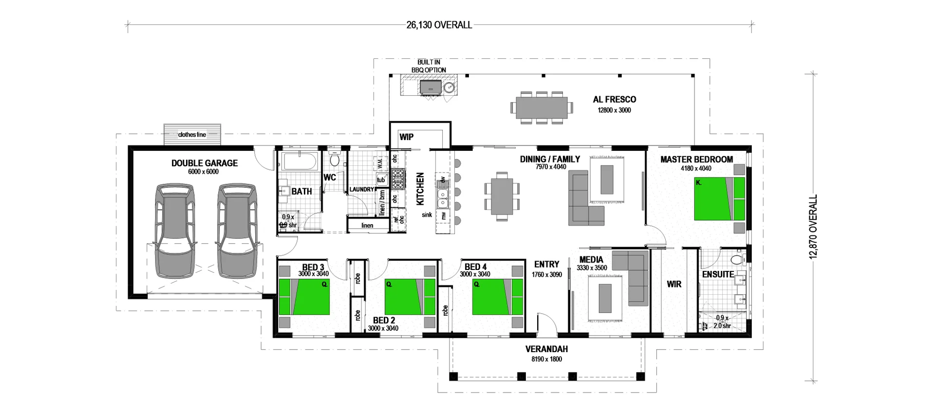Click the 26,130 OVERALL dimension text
coord(439,25)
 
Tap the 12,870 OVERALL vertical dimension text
coord(813,227)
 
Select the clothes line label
coord(192,135)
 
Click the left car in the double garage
coord(174,230)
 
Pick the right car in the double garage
coord(237,230)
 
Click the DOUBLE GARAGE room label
coord(205,163)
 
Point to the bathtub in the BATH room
coord(299,161)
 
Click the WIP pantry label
coord(406,137)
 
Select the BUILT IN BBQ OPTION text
coord(429,66)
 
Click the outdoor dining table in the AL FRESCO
coord(541,107)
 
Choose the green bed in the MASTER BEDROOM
coord(719,199)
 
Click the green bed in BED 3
coord(304,297)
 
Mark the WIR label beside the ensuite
coord(674,284)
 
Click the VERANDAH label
coord(546,349)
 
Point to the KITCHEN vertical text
coord(420,189)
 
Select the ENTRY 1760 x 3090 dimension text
coord(546,275)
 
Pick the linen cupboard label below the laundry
coord(367,226)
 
